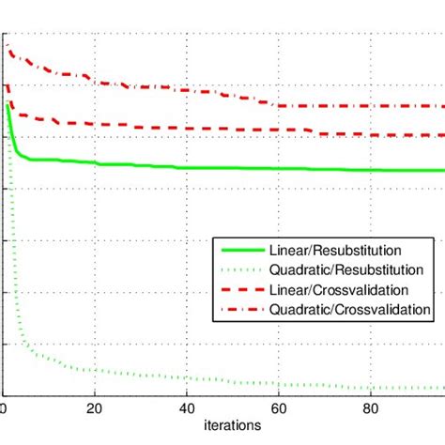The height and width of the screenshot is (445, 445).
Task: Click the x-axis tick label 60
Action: point(279,408)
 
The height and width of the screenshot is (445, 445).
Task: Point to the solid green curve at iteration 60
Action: point(279,169)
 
